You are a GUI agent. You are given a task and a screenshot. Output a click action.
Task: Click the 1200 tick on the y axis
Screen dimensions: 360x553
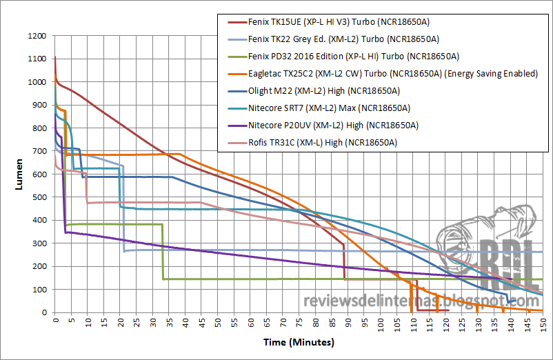(39, 36)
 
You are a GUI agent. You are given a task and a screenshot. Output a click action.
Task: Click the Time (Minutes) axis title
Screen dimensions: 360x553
(299, 341)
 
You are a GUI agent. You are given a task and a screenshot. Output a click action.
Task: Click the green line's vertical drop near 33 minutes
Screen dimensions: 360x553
(162, 252)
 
